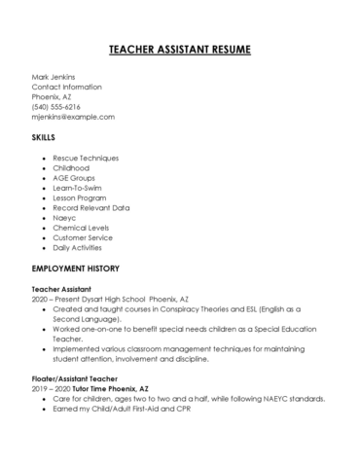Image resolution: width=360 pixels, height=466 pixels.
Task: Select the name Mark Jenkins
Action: [x=54, y=77]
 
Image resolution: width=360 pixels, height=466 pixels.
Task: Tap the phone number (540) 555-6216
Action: [x=56, y=106]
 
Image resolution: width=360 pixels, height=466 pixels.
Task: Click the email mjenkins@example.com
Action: [x=73, y=116]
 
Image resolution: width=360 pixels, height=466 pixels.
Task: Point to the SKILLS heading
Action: [x=46, y=138]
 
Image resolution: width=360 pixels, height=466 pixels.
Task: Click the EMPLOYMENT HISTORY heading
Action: [x=76, y=267]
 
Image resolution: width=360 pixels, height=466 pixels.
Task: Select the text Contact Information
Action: [x=67, y=87]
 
